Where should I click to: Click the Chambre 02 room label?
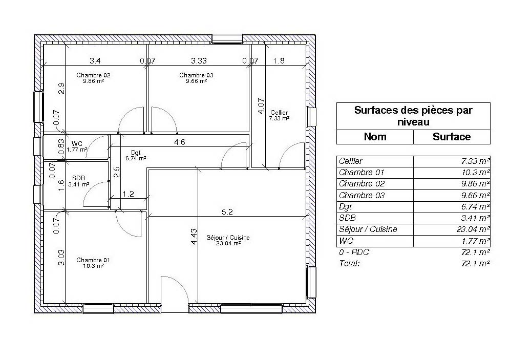[x=93, y=75]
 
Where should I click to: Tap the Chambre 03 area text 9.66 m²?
[x=196, y=81]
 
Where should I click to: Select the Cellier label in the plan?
[x=279, y=113]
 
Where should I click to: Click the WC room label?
[x=77, y=144]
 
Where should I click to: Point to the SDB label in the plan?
[x=78, y=179]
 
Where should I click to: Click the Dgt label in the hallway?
[x=136, y=153]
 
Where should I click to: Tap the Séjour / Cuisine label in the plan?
[x=228, y=238]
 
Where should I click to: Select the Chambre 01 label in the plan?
[x=93, y=261]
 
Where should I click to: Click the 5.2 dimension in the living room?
[x=227, y=211]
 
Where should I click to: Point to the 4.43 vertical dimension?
[x=194, y=237]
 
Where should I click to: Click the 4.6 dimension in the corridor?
[x=179, y=143]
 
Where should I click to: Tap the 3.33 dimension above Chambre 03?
[x=199, y=61]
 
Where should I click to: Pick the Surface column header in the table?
[x=451, y=137]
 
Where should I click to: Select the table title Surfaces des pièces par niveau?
[x=413, y=116]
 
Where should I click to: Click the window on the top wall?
[x=227, y=38]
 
